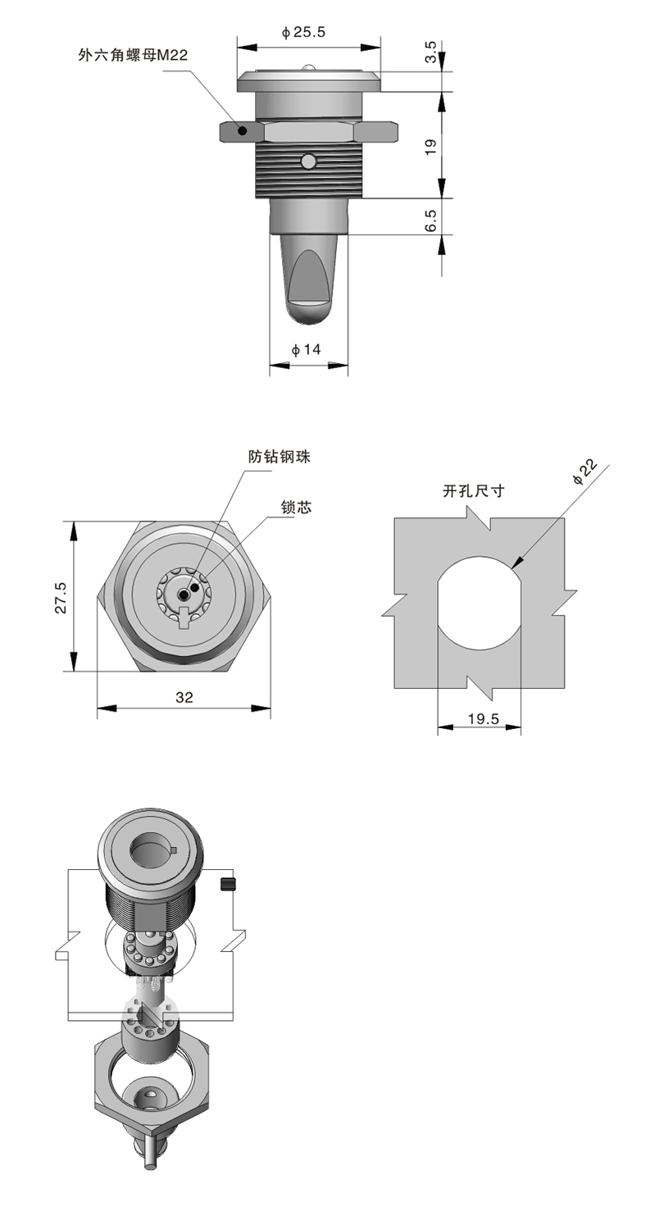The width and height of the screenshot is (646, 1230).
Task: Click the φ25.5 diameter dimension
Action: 303,33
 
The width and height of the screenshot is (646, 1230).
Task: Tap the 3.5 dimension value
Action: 431,52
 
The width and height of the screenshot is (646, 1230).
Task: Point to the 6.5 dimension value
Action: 431,220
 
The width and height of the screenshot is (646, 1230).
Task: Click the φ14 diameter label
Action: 306,349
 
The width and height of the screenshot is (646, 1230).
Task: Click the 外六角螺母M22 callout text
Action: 133,56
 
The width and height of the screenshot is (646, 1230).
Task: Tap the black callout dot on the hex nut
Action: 242,130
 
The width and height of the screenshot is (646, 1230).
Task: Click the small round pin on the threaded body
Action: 309,162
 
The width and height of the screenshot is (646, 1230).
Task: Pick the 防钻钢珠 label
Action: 280,456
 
